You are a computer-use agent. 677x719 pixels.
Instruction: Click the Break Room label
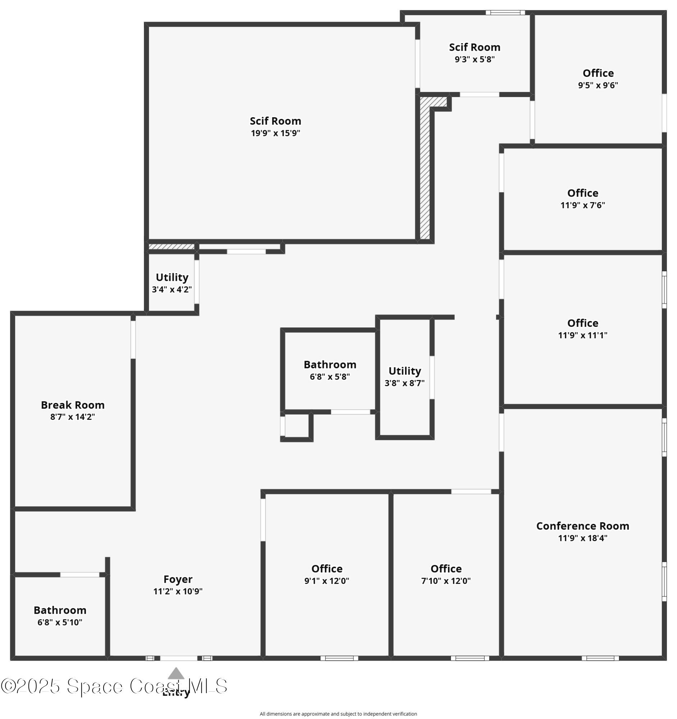click(73, 405)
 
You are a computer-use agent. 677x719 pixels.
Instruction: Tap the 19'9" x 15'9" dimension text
click(275, 133)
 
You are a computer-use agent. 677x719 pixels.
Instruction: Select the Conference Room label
click(582, 526)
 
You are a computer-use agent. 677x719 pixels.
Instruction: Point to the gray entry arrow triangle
click(176, 673)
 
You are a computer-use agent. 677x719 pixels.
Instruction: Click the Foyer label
click(178, 579)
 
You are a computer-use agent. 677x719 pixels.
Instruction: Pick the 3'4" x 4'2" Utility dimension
click(172, 289)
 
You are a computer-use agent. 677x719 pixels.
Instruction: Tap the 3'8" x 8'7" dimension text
click(404, 383)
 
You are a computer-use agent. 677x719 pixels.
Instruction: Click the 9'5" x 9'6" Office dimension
click(598, 85)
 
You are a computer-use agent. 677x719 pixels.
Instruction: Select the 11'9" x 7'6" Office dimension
click(582, 205)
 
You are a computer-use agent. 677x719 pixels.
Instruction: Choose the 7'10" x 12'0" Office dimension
click(446, 581)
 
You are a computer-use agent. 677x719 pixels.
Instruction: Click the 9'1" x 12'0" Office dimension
click(326, 581)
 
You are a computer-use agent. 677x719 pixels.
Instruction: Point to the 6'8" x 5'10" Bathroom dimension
click(60, 622)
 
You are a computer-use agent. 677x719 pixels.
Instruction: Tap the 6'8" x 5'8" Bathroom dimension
click(330, 376)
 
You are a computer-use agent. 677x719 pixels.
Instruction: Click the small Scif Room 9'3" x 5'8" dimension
click(474, 59)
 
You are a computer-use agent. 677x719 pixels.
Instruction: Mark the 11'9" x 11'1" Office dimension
click(582, 335)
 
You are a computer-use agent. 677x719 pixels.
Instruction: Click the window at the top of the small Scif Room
click(505, 13)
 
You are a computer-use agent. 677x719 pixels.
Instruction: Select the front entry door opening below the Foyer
click(179, 658)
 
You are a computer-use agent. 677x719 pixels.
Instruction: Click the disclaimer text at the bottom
click(338, 714)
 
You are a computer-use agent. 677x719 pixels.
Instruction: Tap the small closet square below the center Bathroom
click(297, 426)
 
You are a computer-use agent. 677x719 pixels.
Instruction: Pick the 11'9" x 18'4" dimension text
click(582, 538)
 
